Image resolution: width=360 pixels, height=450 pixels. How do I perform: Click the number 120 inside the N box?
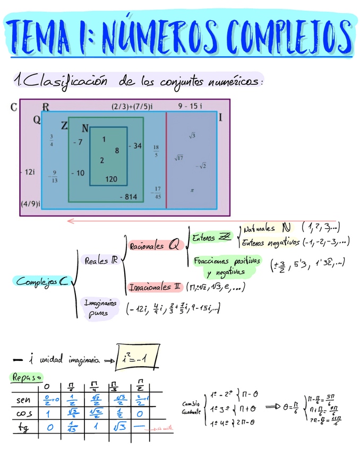[x=111, y=179]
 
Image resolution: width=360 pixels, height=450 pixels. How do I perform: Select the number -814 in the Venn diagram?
[x=128, y=197]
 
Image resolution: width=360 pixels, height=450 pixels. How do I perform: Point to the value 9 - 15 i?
[x=190, y=106]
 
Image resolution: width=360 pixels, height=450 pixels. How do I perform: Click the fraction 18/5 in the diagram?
[x=156, y=151]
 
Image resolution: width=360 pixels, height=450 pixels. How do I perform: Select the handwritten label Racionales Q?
[x=156, y=246]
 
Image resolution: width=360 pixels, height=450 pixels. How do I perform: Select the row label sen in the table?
[x=24, y=399]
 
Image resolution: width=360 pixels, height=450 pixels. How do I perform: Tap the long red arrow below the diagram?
[x=202, y=222]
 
